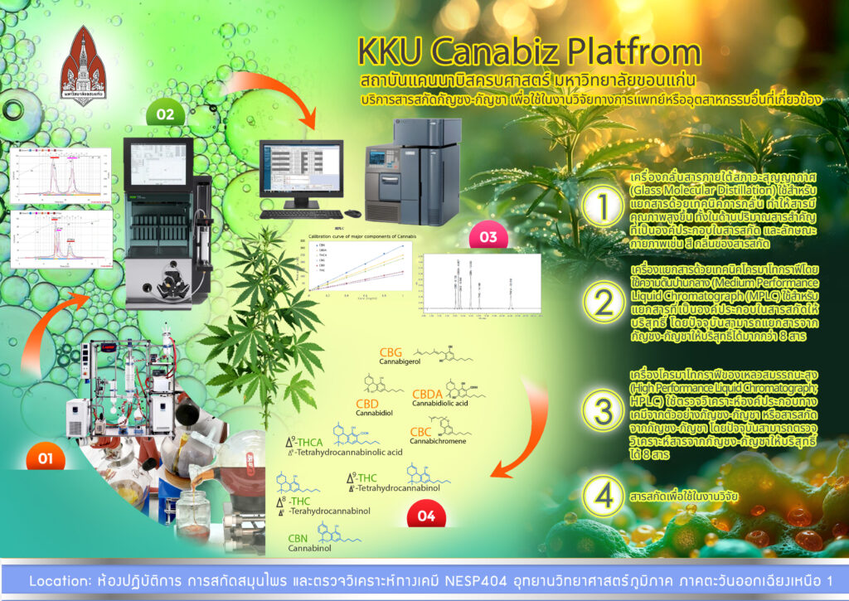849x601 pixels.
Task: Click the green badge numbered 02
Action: (x=165, y=114)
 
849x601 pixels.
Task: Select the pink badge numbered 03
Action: (x=487, y=238)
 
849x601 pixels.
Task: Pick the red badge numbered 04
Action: (x=426, y=516)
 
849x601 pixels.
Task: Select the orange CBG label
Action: (x=391, y=352)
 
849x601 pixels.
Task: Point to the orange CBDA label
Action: (x=427, y=394)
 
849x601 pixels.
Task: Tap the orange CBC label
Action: (x=422, y=431)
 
